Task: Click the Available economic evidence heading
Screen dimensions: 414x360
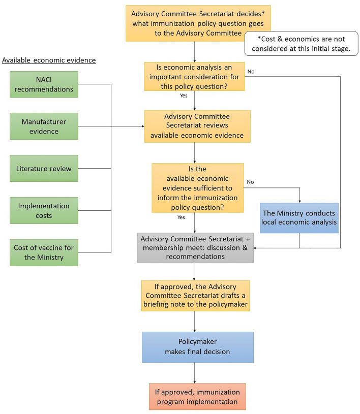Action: click(49, 60)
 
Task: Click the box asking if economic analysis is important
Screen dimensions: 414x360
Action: click(194, 76)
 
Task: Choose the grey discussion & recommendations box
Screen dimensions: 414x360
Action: click(195, 248)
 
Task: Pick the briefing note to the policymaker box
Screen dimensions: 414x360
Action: click(195, 295)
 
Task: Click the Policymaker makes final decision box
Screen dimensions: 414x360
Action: click(195, 347)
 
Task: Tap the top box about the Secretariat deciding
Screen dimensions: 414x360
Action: click(195, 23)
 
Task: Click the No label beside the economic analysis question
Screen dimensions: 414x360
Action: click(251, 71)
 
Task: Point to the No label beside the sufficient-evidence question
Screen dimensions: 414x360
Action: click(251, 182)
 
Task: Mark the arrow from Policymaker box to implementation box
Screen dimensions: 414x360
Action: click(195, 373)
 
